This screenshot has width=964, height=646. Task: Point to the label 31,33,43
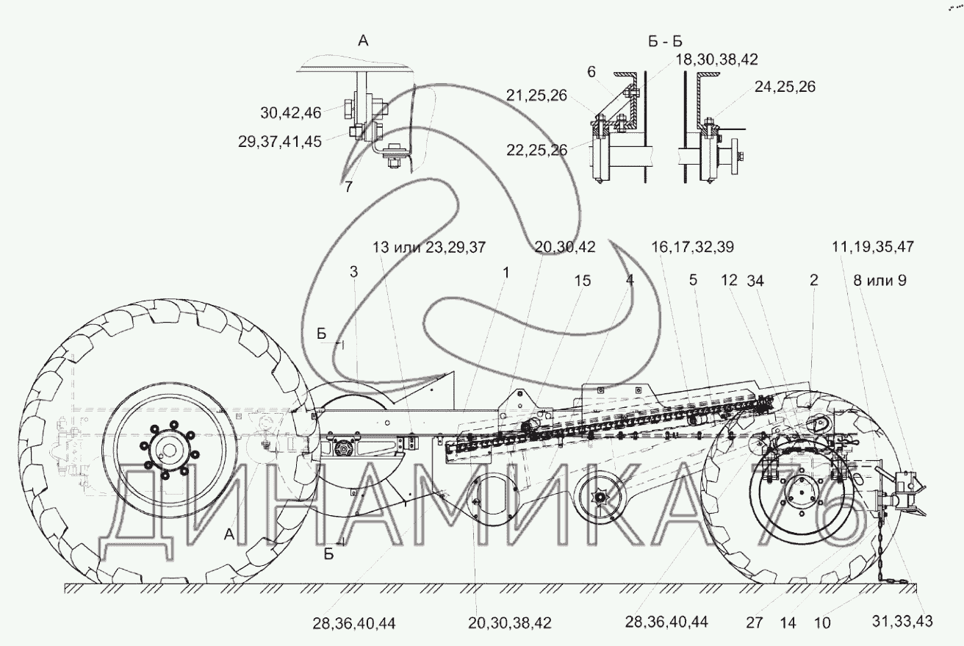tap(902, 622)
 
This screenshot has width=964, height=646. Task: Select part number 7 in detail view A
tap(348, 187)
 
